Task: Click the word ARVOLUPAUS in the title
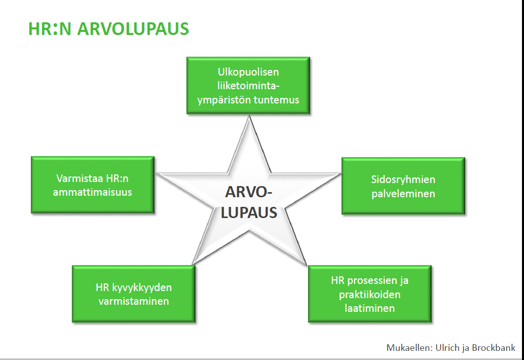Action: pos(133,29)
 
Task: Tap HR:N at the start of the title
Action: pos(50,29)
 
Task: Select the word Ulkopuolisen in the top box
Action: pos(248,72)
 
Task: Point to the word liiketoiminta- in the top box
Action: pos(248,86)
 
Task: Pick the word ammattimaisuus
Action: pos(93,192)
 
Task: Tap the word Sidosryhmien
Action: pos(403,180)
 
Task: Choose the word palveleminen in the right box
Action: pos(403,194)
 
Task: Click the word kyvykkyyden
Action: pos(142,288)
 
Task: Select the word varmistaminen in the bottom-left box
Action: pos(134,301)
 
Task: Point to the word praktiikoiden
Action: pos(369,295)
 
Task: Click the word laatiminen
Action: pos(369,308)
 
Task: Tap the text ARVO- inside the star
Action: pos(249,192)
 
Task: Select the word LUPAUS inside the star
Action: pos(249,212)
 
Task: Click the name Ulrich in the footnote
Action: pos(447,348)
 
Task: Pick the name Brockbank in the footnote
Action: pos(494,348)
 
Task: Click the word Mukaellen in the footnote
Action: pos(409,348)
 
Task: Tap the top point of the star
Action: pos(249,116)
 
